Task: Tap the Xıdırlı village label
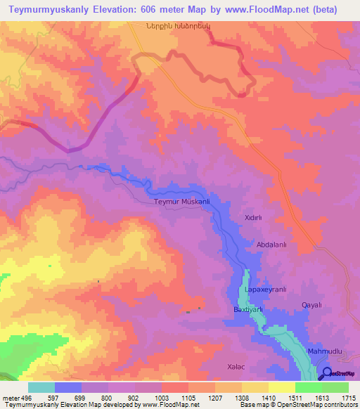pos(252,219)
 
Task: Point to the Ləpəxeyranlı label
pos(265,290)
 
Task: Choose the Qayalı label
pos(311,304)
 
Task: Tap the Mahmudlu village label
pos(324,350)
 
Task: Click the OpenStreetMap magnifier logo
pos(328,375)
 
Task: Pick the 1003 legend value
pos(161,398)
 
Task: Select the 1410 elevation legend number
pos(268,398)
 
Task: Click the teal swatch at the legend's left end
pos(41,387)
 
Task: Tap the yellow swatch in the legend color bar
pos(281,387)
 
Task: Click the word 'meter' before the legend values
pos(9,398)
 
